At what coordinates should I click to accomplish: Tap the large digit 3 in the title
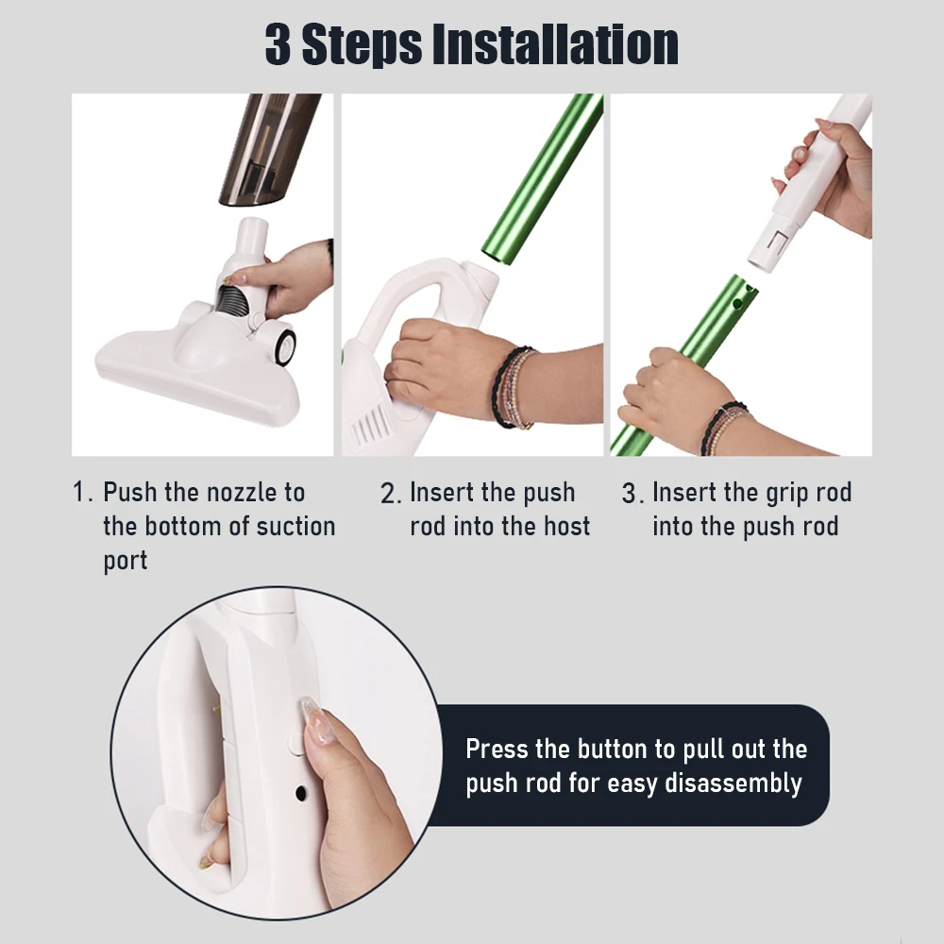278,44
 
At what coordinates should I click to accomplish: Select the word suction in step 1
295,526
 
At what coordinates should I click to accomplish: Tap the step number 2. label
391,494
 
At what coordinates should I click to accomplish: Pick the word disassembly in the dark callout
733,784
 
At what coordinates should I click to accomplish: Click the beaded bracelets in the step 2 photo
513,387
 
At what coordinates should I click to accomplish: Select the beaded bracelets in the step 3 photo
725,430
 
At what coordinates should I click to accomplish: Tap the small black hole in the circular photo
301,794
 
